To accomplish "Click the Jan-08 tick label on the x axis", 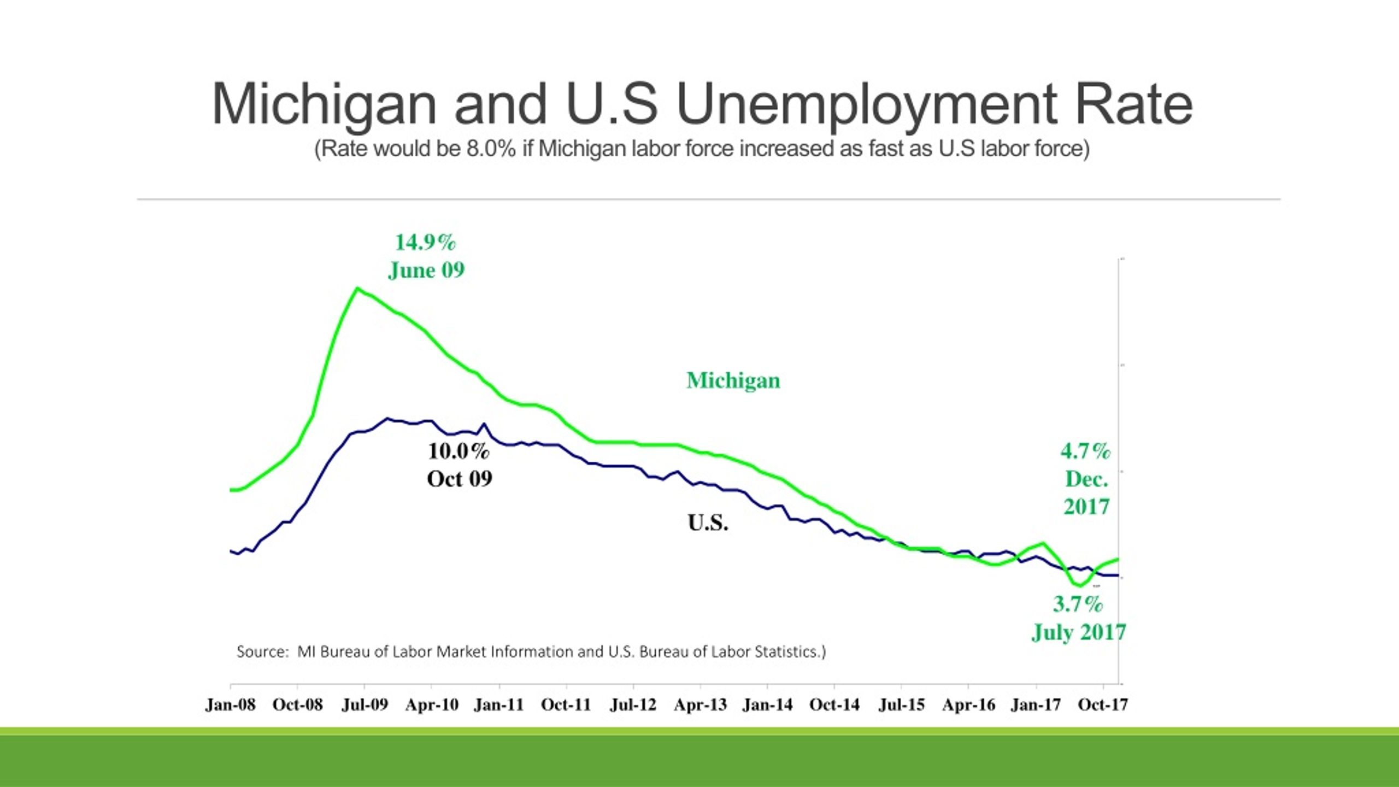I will click(x=231, y=704).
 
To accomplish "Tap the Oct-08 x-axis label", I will click(x=298, y=704).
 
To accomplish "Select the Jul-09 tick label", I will click(x=365, y=704).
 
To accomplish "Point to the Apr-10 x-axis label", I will click(x=432, y=704).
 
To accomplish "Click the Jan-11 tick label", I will click(x=499, y=704).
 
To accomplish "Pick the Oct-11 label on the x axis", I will click(x=566, y=704).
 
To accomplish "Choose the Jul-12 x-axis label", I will click(x=633, y=704).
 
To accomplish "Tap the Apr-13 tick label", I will click(x=701, y=704).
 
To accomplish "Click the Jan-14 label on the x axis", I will click(x=767, y=704).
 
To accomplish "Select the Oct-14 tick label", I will click(x=834, y=704).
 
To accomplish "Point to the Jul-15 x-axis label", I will click(x=902, y=704).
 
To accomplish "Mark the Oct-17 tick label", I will click(x=1103, y=704).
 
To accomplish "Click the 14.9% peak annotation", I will click(x=425, y=243).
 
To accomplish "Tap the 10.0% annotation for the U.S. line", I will click(x=459, y=451).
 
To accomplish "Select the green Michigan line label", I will click(x=733, y=380).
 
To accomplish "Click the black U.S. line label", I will click(x=708, y=523).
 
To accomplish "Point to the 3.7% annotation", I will click(x=1078, y=604).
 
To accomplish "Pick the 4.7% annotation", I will click(x=1086, y=451).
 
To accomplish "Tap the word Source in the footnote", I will click(x=262, y=651).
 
